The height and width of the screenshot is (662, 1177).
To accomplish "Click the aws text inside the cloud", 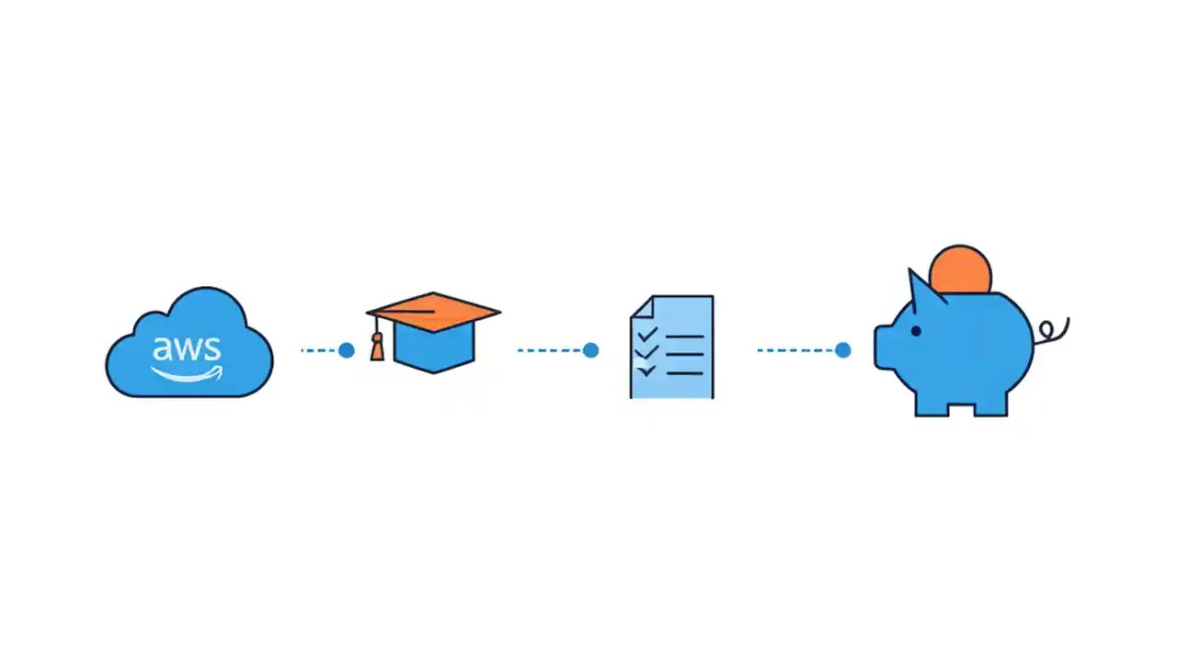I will point(187,348).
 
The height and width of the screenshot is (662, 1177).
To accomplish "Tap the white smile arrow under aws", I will point(188,373).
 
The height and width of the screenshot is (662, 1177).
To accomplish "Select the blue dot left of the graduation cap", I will point(347,350).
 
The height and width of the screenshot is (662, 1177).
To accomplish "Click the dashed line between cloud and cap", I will point(319,350).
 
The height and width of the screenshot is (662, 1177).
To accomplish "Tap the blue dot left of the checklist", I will point(591,350).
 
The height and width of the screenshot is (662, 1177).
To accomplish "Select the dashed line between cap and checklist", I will point(550,350).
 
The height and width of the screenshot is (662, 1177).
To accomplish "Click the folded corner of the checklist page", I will point(641,306).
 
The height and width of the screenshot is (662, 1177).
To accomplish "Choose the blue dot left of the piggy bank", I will point(843,350).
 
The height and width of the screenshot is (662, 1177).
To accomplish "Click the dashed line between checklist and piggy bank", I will point(796,350).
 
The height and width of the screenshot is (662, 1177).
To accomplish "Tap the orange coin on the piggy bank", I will point(961,268).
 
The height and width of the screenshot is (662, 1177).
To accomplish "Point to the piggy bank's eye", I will point(916,331).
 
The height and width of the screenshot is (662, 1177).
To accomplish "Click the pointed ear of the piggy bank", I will point(922,288).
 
